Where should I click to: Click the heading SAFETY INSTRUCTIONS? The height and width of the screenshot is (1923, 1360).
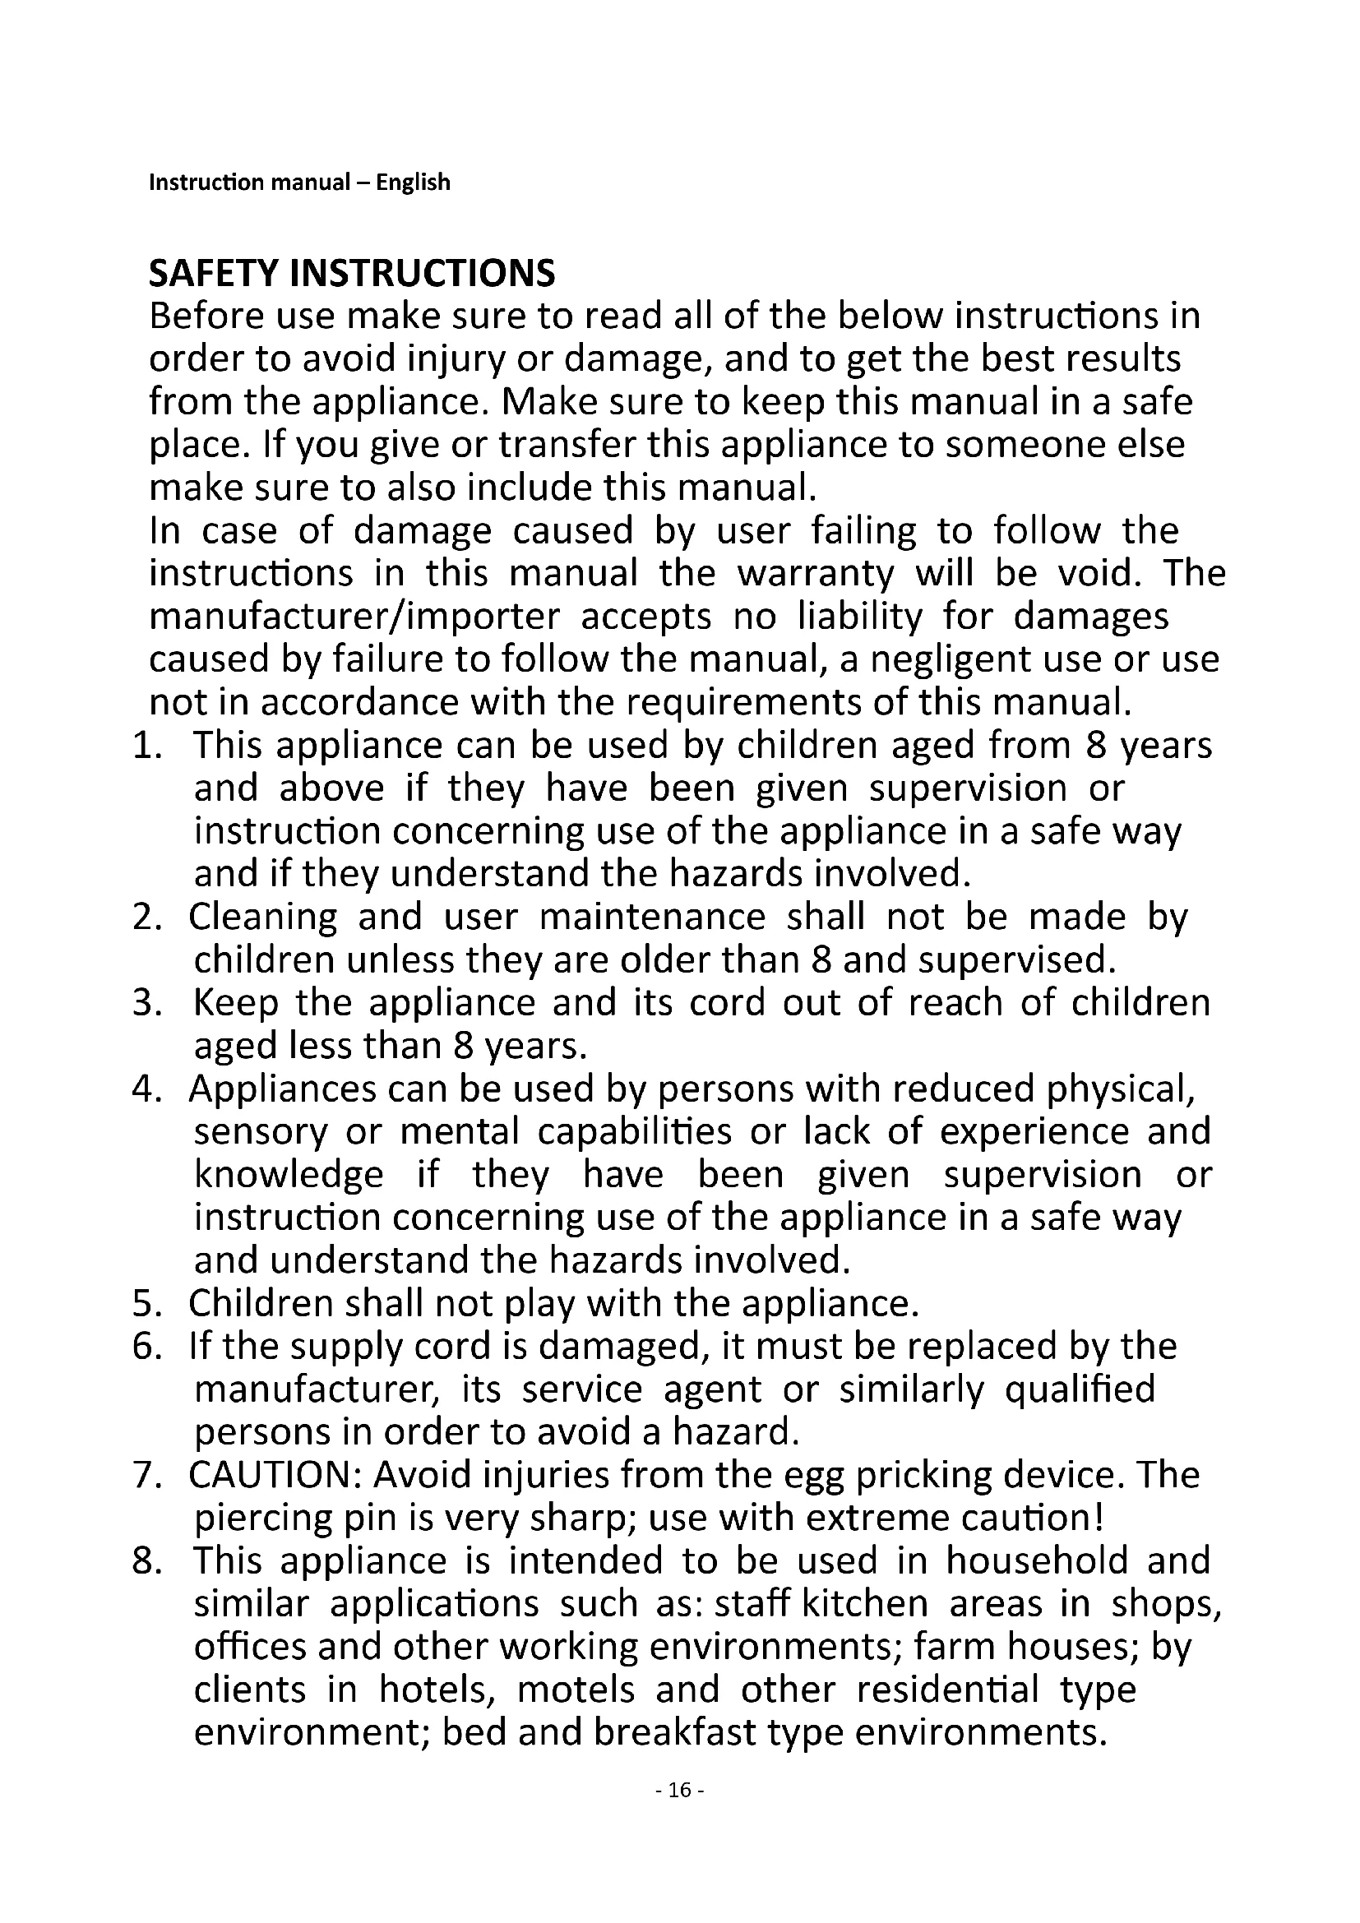click(352, 273)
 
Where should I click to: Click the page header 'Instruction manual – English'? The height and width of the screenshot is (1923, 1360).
click(299, 183)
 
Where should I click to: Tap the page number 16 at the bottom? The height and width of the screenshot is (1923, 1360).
click(679, 1790)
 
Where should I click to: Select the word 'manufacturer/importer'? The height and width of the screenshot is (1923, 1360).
click(354, 617)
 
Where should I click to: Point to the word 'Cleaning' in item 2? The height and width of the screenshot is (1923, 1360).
click(262, 918)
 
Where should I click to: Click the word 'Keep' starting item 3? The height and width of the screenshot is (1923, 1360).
click(235, 1003)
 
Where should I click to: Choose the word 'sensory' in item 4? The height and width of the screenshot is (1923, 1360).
click(261, 1133)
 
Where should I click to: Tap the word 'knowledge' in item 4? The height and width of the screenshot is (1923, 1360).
click(289, 1176)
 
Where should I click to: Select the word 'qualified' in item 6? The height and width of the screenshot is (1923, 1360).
click(1080, 1389)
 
